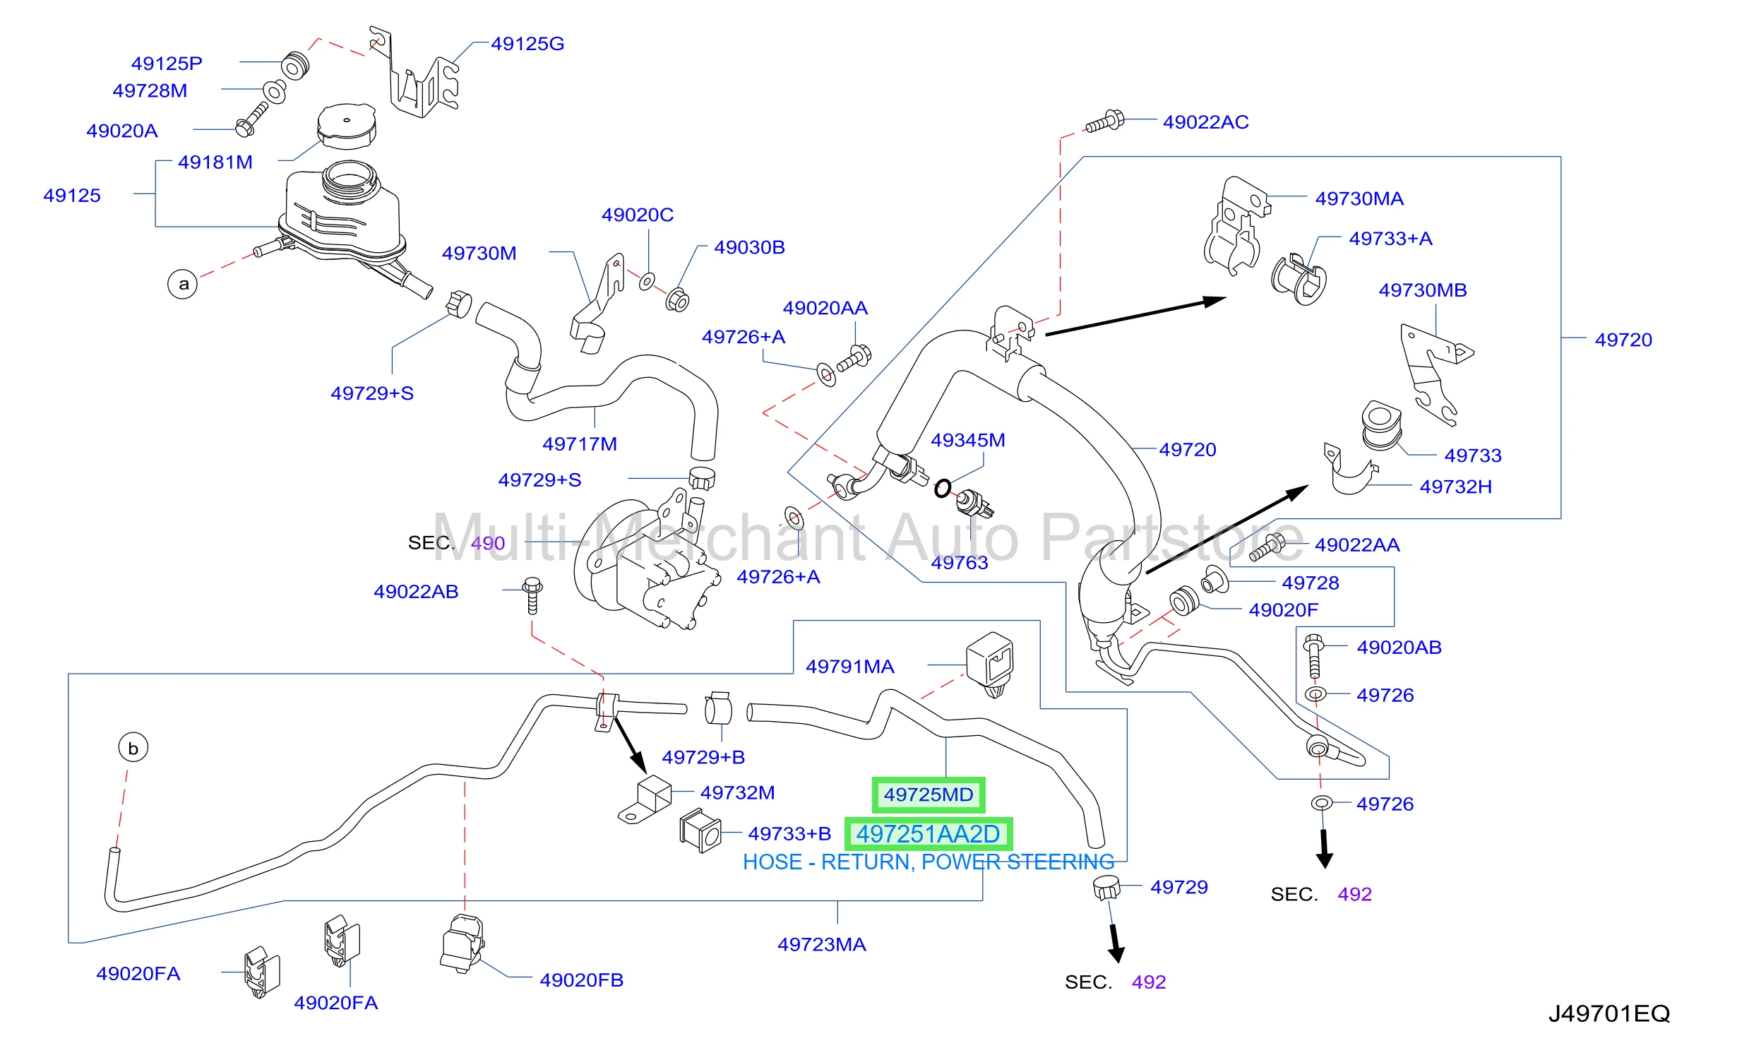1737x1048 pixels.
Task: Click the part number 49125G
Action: pos(527,44)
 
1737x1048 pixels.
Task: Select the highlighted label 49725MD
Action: pos(929,794)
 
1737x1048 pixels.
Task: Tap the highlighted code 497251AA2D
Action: pos(929,834)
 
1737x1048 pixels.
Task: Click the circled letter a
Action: pos(183,284)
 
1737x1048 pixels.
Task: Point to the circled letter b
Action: pos(133,747)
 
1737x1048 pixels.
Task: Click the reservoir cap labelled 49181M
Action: pos(346,127)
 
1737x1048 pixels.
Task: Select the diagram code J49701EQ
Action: pos(1609,1013)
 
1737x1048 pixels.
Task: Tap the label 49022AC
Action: pos(1206,122)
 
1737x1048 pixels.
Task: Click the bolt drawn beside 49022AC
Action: pos(1105,121)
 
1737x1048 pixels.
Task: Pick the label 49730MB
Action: pos(1423,290)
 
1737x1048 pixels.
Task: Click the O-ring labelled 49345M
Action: pos(943,488)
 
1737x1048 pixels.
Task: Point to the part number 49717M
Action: pos(580,444)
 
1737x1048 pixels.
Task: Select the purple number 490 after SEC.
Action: pos(488,543)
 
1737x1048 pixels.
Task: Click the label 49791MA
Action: pos(850,667)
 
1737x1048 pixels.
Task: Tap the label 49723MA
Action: pos(822,945)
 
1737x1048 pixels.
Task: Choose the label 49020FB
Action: pos(582,980)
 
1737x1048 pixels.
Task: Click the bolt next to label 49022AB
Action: pos(532,595)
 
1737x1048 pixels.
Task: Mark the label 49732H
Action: pos(1456,487)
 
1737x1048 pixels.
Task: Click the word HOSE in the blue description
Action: pos(772,862)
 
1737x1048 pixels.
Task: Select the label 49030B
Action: pos(750,247)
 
